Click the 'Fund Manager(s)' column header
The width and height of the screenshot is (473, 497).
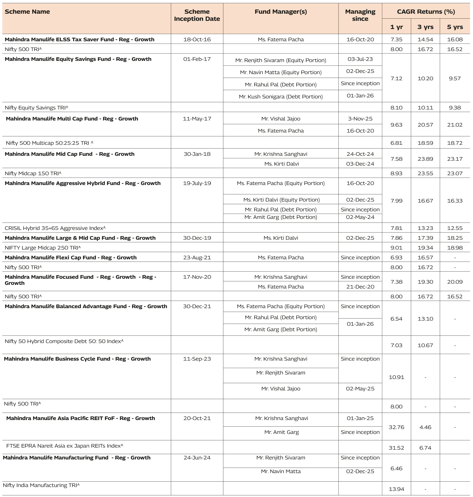pos(281,12)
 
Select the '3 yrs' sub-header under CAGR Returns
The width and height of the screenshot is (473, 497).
pos(425,27)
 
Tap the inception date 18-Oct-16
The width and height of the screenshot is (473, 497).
pos(197,40)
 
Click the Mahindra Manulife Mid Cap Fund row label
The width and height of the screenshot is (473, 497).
pos(70,154)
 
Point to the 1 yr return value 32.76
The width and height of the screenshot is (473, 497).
pos(396,427)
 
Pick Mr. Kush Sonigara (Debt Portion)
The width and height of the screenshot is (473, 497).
pos(281,97)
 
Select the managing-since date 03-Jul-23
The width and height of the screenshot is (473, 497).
pos(360,59)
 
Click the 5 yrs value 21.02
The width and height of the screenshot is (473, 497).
pos(455,125)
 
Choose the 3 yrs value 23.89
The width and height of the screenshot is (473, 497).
pos(425,159)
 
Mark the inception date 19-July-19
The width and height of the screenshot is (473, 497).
pos(197,183)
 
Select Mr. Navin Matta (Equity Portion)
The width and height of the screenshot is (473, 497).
pos(281,72)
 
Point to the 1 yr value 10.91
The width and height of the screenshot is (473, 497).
pos(396,377)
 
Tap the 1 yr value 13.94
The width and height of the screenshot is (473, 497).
pos(396,489)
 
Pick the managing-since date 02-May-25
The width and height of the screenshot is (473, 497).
pos(360,389)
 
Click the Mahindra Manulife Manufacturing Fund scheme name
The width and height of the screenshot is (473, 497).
pos(77,458)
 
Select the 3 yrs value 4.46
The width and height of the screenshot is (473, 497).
pos(425,427)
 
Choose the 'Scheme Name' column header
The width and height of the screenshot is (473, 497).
pos(27,12)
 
